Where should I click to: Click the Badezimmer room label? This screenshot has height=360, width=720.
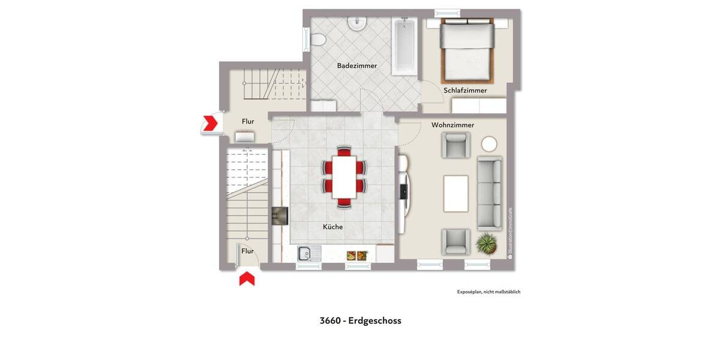[357, 66]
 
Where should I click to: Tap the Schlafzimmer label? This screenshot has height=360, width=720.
[465, 91]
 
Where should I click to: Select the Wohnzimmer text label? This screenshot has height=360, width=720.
[452, 125]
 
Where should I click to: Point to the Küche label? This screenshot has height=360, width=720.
[333, 227]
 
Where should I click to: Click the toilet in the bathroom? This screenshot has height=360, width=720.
[319, 40]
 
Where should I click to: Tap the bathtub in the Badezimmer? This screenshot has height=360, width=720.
[405, 46]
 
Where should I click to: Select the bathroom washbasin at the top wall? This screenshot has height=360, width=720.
[358, 23]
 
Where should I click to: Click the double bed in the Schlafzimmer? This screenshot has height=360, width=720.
[468, 50]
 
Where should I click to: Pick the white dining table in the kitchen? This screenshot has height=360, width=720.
[344, 177]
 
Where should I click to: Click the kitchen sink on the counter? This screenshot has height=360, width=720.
[309, 254]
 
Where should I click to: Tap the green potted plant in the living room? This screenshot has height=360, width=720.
[486, 243]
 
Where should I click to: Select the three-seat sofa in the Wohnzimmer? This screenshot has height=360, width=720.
[490, 193]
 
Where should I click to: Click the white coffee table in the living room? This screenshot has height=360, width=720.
[456, 193]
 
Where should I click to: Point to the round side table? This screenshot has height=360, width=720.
[489, 144]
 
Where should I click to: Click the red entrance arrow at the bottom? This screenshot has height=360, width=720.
[247, 279]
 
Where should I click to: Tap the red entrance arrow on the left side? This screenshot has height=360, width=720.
[211, 123]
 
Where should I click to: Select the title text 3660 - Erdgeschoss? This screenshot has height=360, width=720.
[360, 320]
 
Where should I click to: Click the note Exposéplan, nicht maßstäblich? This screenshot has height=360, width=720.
[488, 292]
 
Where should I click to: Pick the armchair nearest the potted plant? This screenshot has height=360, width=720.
[456, 241]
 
